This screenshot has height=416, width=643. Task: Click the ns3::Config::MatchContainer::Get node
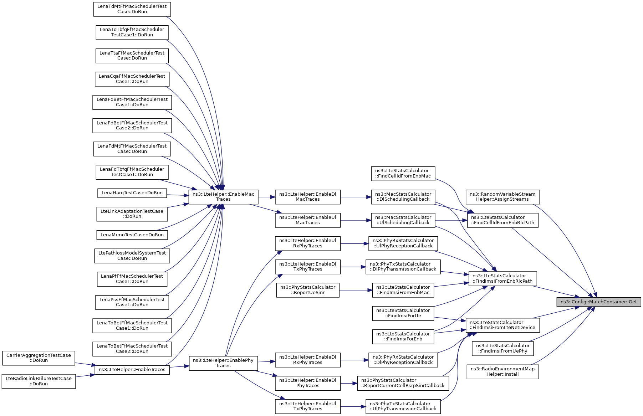point(598,302)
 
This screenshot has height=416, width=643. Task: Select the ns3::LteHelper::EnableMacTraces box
point(223,197)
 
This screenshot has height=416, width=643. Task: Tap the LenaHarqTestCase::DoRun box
point(132,193)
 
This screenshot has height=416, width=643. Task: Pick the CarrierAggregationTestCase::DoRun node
point(39,358)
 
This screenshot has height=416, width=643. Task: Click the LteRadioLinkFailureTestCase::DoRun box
point(39,381)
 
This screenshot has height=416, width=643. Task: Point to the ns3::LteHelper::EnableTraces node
point(132,370)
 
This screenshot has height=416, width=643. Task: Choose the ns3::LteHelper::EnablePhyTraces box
point(223,363)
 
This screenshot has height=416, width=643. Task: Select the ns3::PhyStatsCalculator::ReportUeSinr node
point(308,290)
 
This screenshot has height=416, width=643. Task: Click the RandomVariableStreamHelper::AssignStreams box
point(502,197)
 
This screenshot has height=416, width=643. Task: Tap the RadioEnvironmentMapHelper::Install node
point(502,371)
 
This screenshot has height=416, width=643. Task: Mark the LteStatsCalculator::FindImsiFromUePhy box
point(502,348)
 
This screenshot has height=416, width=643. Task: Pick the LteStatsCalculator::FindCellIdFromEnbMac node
point(403,173)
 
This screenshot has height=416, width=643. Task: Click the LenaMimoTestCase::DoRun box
point(132,235)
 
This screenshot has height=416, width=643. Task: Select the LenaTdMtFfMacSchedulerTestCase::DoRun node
point(132,9)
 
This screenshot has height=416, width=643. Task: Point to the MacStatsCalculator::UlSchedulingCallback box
point(403,220)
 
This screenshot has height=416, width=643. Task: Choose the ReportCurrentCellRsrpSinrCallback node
point(403,383)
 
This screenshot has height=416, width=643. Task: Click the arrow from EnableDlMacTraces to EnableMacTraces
point(267,197)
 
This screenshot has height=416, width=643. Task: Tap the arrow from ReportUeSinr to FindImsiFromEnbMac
point(356,290)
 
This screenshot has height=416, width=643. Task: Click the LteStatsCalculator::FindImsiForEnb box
point(403,337)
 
